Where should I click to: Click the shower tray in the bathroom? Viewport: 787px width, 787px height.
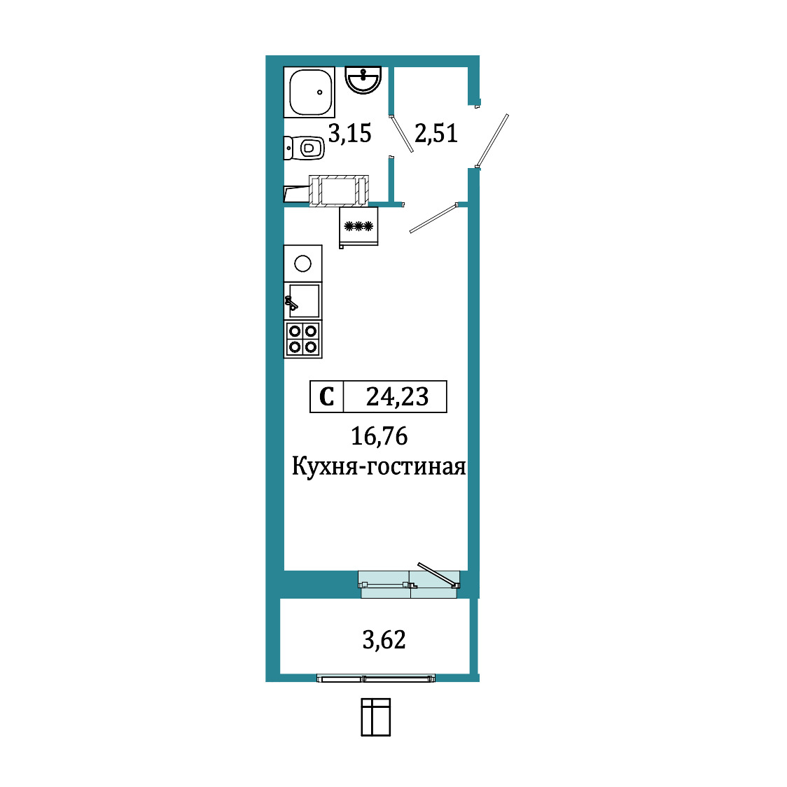coord(309,92)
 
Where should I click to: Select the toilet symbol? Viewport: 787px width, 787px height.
coord(304,148)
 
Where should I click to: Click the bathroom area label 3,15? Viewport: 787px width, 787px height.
coord(350,134)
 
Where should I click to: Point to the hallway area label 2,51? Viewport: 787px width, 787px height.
coord(436,134)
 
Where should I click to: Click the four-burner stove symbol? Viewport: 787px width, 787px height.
coord(302,340)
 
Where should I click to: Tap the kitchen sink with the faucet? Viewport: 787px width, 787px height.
coord(302,301)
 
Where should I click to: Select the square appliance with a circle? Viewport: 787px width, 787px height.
coord(302,263)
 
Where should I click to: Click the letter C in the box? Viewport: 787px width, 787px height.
coord(327,396)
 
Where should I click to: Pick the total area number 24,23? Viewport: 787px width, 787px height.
coord(397,396)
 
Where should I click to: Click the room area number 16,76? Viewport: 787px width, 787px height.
coord(379,436)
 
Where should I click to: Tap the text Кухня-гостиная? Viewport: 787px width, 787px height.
coord(379,467)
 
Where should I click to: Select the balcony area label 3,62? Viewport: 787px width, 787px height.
coord(384,640)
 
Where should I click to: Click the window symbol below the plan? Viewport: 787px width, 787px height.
coord(375,717)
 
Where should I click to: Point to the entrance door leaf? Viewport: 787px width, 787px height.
coord(492,141)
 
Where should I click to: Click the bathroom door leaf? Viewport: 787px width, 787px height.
coord(401,134)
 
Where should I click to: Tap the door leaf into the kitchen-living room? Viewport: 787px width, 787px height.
coord(433,218)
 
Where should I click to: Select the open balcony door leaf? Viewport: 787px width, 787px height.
coord(438,575)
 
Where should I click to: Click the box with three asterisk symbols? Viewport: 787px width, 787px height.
coord(358,227)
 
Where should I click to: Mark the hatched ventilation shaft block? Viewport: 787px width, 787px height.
coord(339,190)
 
